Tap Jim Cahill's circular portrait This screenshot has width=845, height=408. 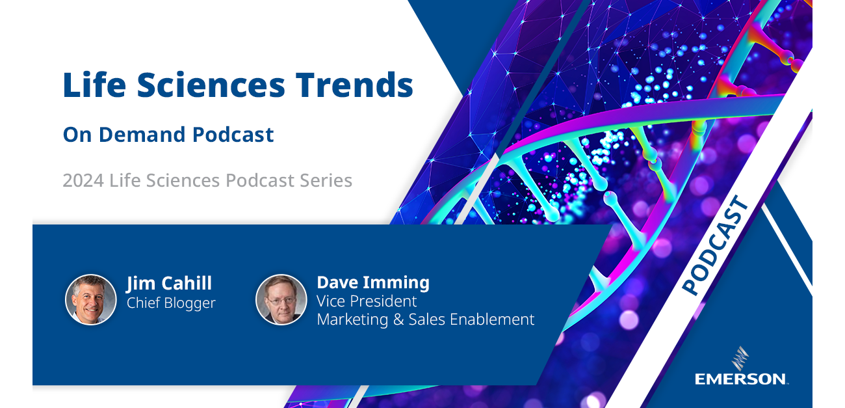[x=91, y=299]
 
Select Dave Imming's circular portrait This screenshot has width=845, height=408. [x=281, y=299]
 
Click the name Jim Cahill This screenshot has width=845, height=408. [x=169, y=284]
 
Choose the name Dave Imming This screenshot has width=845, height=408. [x=373, y=282]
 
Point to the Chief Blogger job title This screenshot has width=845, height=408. [x=171, y=303]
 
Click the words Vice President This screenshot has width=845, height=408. [x=367, y=301]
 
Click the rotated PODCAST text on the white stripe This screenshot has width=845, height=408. [x=715, y=247]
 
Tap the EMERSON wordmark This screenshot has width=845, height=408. [x=741, y=379]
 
